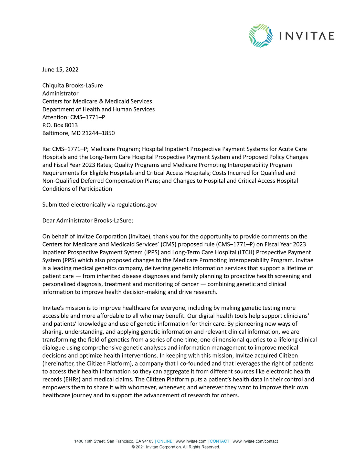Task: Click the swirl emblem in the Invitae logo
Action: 260,36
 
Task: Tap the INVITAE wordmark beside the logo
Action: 306,36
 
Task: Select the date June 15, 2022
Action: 60,70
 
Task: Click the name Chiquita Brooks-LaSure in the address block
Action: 72,86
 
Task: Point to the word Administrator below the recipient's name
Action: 60,94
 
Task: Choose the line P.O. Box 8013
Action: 60,125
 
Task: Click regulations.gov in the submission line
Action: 136,205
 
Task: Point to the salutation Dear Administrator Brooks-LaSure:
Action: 88,221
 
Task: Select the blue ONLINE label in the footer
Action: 165,441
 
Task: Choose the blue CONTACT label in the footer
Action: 219,441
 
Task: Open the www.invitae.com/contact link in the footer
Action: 255,441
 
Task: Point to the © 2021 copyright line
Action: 176,447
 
